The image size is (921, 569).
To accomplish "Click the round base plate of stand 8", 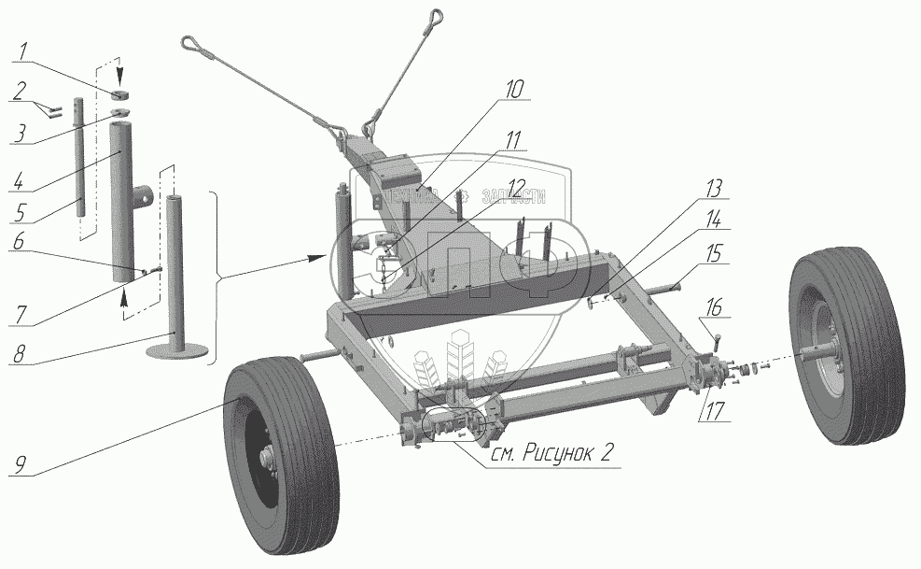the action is point(175,349).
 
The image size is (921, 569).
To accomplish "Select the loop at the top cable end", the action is point(435,15).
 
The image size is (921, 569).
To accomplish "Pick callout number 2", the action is point(20,90).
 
